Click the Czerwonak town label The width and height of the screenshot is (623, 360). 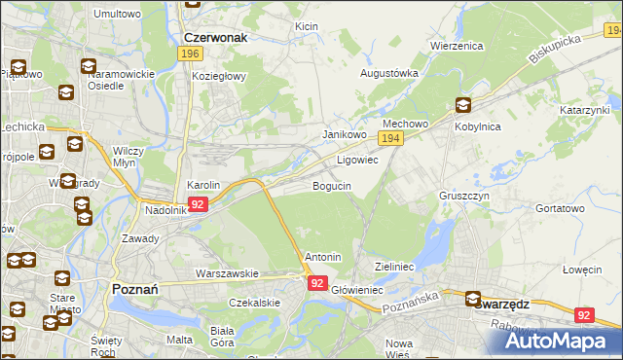215,38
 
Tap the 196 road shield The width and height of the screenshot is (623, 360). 190,54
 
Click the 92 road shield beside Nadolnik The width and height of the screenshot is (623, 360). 198,204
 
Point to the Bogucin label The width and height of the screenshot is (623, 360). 332,185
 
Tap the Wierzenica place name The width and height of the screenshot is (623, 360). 457,45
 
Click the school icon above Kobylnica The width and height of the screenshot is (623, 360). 461,106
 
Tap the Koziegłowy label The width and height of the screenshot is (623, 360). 220,76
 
